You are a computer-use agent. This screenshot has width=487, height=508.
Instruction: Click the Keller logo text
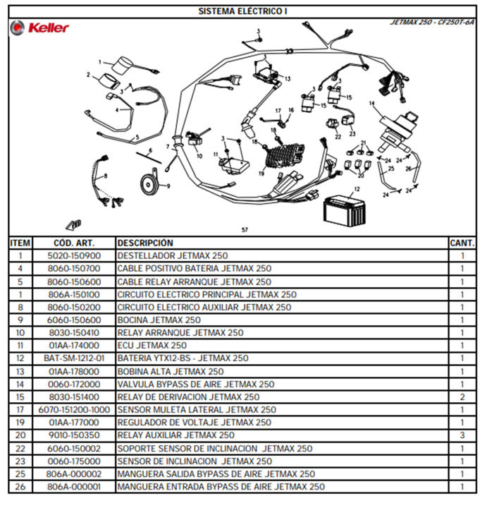[x=49, y=28]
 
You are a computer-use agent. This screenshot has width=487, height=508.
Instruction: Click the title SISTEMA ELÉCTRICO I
[x=242, y=11]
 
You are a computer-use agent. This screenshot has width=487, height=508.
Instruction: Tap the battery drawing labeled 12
[x=345, y=210]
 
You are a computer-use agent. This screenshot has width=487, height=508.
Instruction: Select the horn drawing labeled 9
[x=150, y=183]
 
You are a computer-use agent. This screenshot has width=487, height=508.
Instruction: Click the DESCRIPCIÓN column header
[x=145, y=243]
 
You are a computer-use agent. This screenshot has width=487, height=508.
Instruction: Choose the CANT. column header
[x=462, y=243]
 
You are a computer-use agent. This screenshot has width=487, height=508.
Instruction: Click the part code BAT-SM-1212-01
[x=74, y=358]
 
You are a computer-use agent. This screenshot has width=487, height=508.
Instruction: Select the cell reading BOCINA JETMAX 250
[x=159, y=320]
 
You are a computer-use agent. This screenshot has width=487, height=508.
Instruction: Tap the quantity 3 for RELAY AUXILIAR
[x=462, y=435]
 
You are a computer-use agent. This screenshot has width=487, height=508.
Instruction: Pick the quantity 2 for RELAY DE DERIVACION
[x=462, y=397]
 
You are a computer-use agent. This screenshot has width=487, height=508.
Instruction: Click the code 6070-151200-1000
[x=74, y=410]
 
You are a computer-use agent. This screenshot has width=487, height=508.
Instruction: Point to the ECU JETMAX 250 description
[x=152, y=345]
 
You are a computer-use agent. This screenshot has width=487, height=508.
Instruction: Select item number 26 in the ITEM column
[x=20, y=487]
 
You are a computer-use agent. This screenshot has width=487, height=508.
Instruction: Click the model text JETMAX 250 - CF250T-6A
[x=432, y=22]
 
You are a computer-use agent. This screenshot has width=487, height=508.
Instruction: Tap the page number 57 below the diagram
[x=245, y=230]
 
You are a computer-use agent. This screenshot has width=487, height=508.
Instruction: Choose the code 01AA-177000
[x=74, y=423]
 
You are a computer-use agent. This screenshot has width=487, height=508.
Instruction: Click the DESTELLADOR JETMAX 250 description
[x=173, y=255]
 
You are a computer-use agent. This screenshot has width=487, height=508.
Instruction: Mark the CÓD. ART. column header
[x=74, y=243]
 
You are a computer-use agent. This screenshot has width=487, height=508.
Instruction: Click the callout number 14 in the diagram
[x=372, y=103]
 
